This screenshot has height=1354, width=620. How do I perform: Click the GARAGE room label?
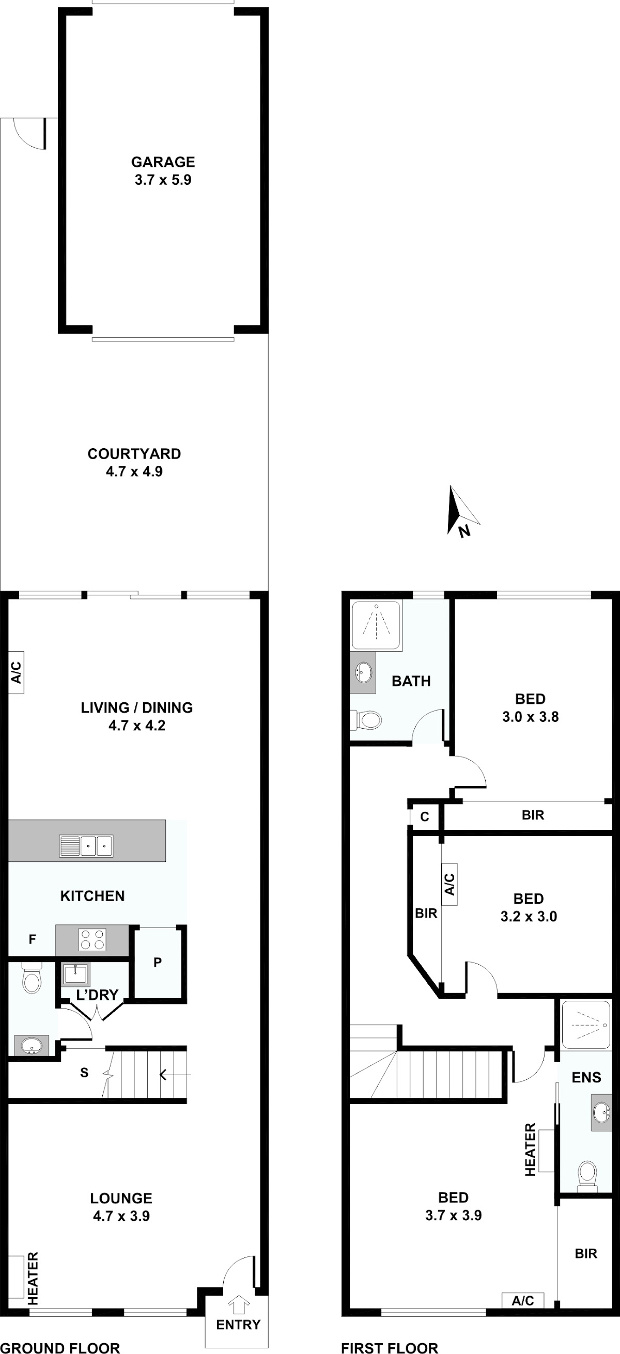[163, 162]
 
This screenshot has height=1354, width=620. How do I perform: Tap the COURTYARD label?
[134, 453]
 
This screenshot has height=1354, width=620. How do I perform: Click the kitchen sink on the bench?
[86, 846]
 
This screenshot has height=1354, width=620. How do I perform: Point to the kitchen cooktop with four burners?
[92, 940]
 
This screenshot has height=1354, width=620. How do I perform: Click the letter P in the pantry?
[157, 963]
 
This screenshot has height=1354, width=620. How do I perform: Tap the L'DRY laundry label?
[97, 995]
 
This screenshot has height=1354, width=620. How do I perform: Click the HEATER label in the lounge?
[33, 1278]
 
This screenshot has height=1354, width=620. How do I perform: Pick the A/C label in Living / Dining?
[17, 673]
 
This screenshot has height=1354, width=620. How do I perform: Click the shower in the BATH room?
[377, 625]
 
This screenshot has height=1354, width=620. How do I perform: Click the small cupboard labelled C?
[425, 816]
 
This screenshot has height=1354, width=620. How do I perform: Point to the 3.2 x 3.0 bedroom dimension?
[529, 916]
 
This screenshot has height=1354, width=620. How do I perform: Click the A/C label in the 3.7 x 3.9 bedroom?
[523, 1300]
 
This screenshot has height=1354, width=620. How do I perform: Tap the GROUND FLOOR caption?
[60, 1347]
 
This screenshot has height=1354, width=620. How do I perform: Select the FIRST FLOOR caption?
[390, 1347]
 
